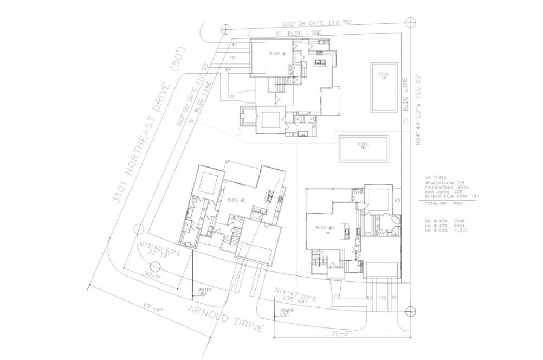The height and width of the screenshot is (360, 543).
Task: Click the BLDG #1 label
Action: (x=277, y=54)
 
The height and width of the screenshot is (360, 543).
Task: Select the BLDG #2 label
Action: (x=237, y=200)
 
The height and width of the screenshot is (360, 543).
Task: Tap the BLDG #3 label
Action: (x=324, y=228)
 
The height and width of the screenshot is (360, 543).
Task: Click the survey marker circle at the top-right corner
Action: (x=411, y=22)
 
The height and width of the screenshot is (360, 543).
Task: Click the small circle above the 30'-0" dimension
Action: (x=156, y=267)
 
